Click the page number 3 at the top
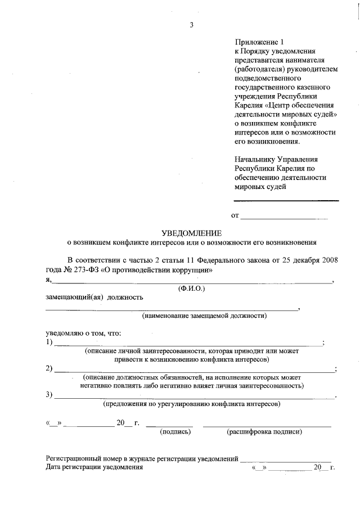(x=191, y=25)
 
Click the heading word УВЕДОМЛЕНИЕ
(x=192, y=233)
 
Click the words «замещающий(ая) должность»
(x=94, y=297)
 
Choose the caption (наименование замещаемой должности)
(x=204, y=316)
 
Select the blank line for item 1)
(x=188, y=344)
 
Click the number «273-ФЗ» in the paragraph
(x=88, y=270)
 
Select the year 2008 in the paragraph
(x=325, y=260)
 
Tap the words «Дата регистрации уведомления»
(x=94, y=467)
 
